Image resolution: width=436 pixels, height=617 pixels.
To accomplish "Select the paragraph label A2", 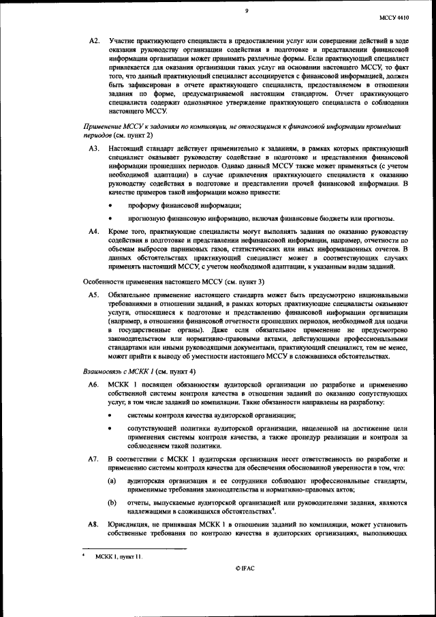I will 95,42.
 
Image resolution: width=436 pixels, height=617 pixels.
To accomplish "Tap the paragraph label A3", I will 95,148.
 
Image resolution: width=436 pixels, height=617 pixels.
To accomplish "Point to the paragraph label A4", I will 95,232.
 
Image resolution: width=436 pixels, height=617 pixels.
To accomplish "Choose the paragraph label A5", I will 95,295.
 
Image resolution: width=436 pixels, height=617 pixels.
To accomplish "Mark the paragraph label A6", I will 95,385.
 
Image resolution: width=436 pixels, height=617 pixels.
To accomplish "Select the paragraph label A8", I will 95,524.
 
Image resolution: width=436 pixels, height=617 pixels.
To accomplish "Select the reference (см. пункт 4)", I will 176,371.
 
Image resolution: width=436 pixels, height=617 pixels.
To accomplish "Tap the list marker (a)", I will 112,482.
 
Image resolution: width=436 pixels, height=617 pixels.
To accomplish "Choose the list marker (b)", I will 112,502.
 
